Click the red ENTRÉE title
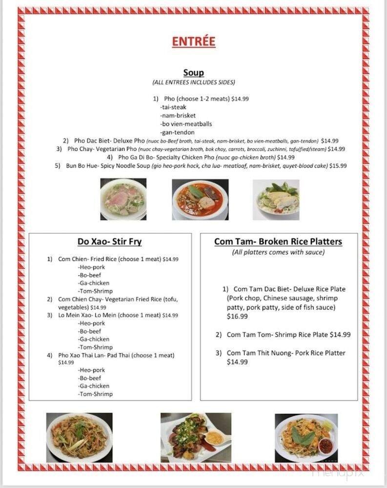coord(193,41)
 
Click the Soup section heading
coord(193,73)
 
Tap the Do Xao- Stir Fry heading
coord(109,242)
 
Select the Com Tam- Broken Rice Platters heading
coord(278,242)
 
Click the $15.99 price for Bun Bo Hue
coord(338,166)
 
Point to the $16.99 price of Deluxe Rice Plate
coord(237,316)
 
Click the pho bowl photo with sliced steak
coord(123,199)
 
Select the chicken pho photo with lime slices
coord(276,200)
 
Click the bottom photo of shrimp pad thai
coord(306,438)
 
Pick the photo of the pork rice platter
coord(196,438)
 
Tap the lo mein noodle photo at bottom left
coord(79,438)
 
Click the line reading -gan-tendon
coord(170,132)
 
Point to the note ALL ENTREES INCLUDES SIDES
coord(193,82)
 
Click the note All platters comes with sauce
coord(278,252)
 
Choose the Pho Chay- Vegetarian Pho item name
coord(102,149)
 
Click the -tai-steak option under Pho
coord(173,107)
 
